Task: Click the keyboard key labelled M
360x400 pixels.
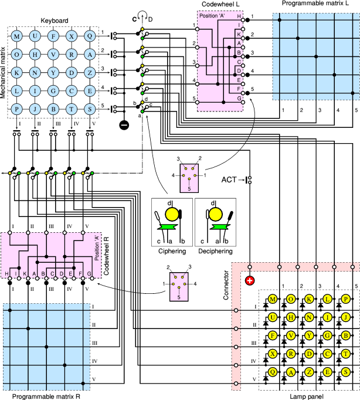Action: pos(16,36)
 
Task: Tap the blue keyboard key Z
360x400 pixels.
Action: pos(89,73)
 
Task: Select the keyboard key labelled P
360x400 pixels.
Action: pos(16,109)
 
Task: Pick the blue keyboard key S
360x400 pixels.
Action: pos(89,109)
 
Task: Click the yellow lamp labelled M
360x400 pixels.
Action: pos(273,300)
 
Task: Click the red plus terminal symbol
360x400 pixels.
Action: pos(250,280)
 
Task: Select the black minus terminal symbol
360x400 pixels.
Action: pos(124,124)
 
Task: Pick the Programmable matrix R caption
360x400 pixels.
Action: pos(46,396)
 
